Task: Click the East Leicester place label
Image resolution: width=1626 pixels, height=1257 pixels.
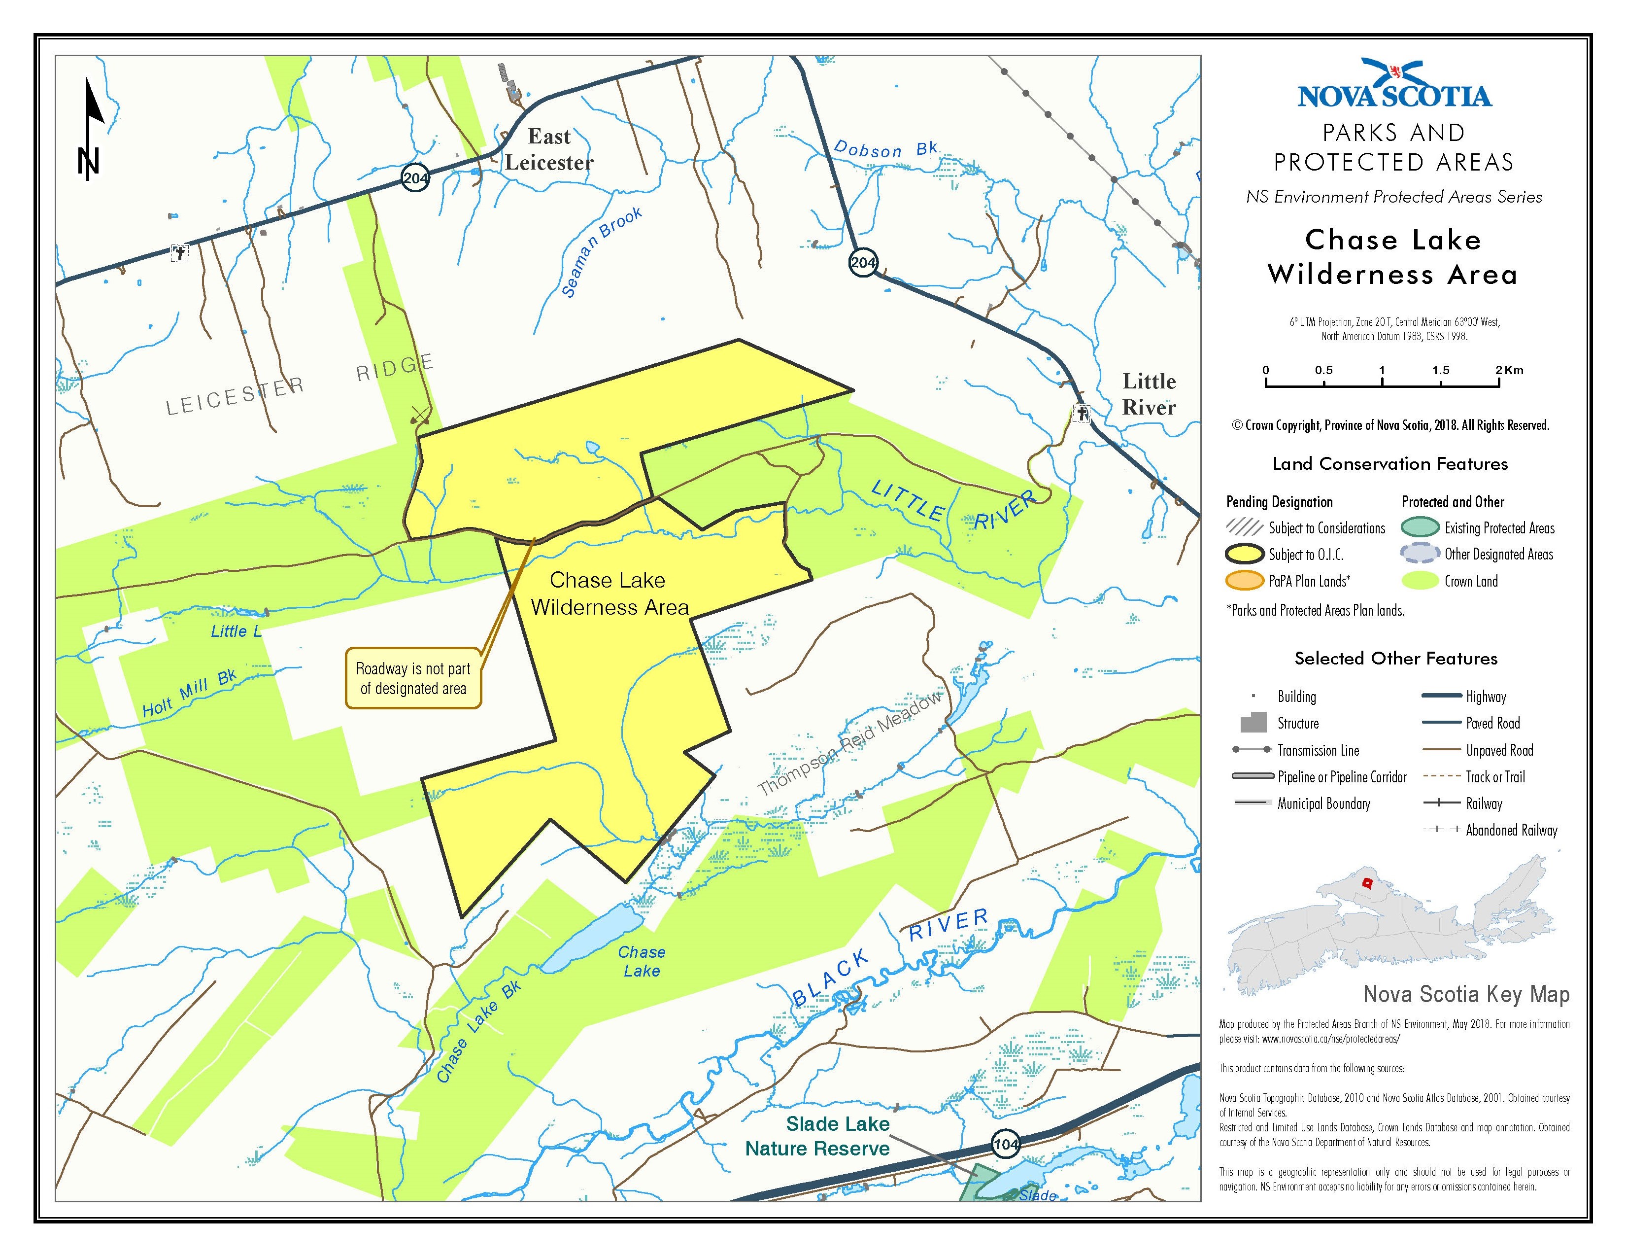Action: pos(549,150)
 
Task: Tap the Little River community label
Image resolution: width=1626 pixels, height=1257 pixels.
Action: pos(1149,394)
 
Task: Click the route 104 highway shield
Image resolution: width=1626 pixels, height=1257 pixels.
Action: pos(1005,1144)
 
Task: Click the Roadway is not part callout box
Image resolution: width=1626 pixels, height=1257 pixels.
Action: pos(413,678)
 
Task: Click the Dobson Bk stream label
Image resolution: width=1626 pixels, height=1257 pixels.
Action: pos(884,150)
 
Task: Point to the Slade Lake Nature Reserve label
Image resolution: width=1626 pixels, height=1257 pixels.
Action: pos(819,1136)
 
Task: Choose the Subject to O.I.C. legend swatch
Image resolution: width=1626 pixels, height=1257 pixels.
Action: pos(1245,555)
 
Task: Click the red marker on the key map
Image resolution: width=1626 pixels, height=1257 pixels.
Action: pos(1367,883)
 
